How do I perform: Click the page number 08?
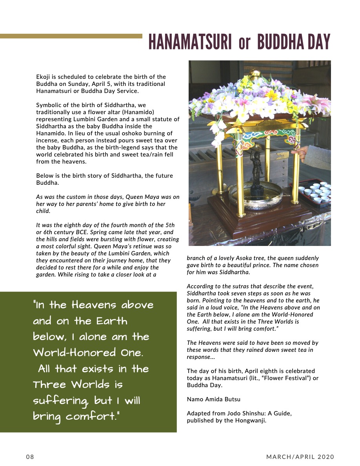coord(30,457)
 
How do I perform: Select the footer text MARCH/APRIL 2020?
coord(300,457)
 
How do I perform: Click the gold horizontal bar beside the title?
coord(71,36)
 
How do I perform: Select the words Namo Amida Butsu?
coord(214,399)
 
